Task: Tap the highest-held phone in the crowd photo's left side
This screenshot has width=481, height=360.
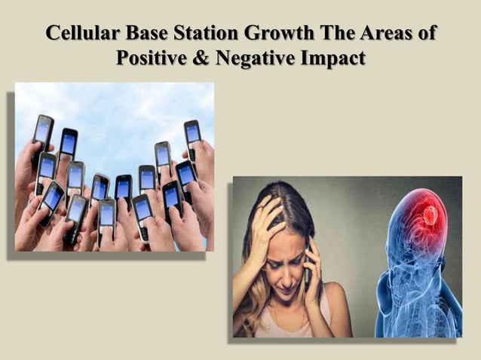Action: coord(43,130)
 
